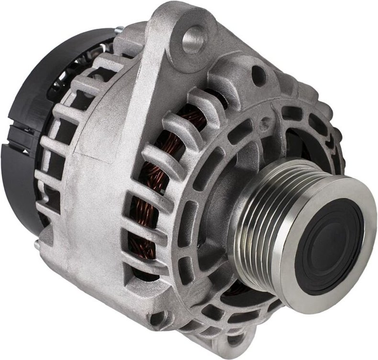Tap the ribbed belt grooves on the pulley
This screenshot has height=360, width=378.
(x=266, y=211)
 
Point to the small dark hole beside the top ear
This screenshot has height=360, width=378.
(x=259, y=75)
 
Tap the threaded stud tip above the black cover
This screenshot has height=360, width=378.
(x=119, y=30)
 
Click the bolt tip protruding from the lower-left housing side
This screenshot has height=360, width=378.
(x=37, y=245)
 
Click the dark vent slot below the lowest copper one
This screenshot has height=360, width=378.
(x=144, y=275)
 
